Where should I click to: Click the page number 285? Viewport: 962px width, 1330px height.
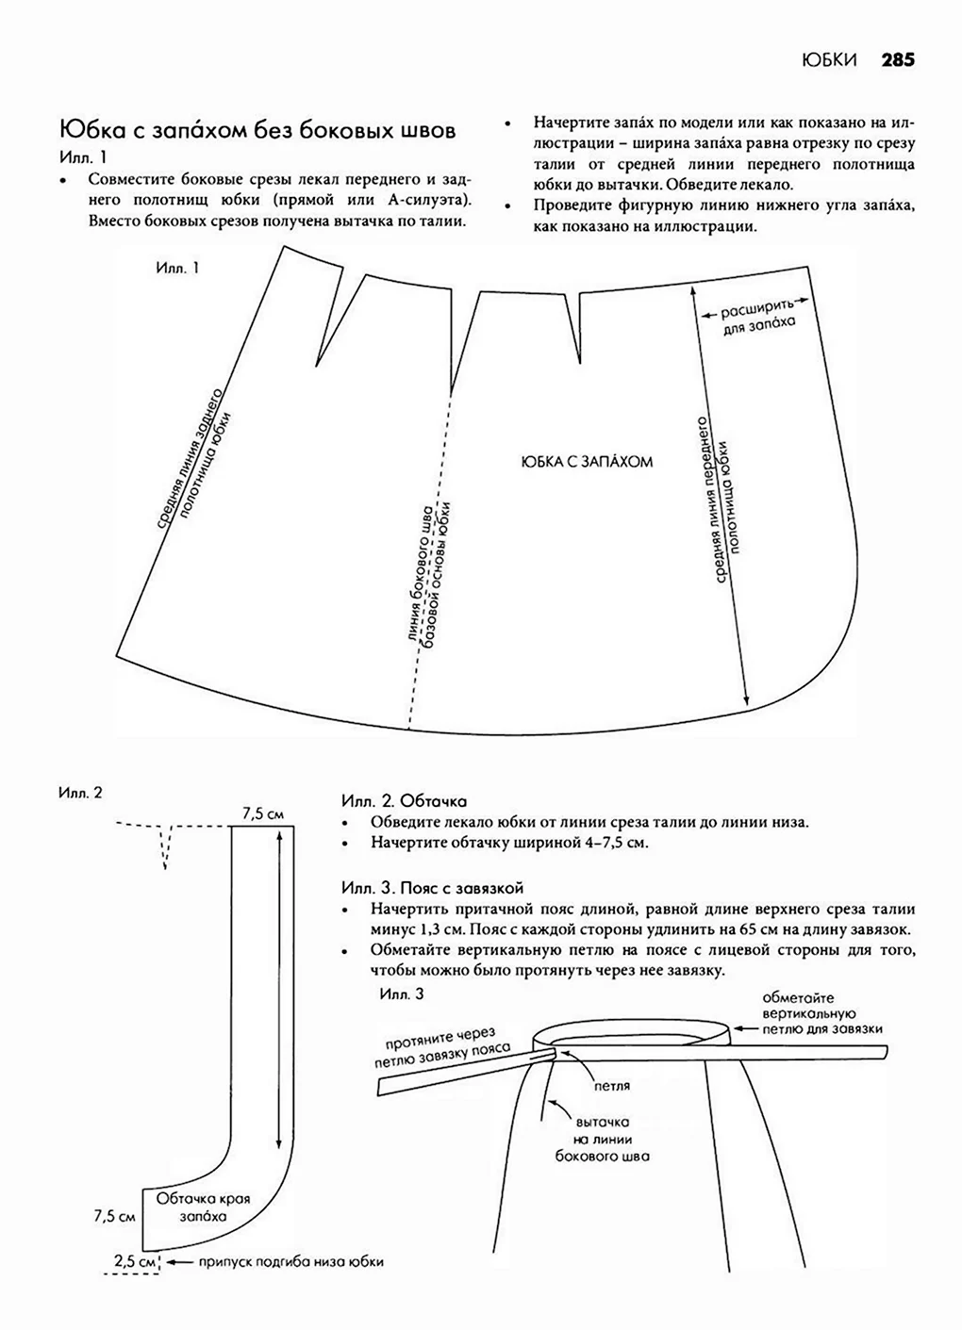[x=898, y=60]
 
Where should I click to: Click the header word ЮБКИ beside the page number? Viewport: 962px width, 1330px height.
[x=829, y=60]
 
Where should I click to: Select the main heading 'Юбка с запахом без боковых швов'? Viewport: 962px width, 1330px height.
[x=257, y=130]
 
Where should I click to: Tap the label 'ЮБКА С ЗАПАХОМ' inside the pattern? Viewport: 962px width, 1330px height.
[x=587, y=462]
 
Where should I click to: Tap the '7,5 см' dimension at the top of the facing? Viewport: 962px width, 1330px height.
[x=263, y=813]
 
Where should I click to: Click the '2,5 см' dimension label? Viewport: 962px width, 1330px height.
[x=134, y=1259]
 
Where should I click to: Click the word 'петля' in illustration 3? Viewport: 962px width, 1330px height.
[x=611, y=1086]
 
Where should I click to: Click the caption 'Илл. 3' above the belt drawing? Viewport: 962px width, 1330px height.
[x=401, y=994]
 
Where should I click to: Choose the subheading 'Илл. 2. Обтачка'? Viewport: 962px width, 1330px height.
[x=404, y=801]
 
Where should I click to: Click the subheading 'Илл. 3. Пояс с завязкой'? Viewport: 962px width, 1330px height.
[x=432, y=888]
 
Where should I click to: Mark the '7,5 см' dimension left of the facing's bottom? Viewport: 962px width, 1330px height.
[x=115, y=1216]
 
